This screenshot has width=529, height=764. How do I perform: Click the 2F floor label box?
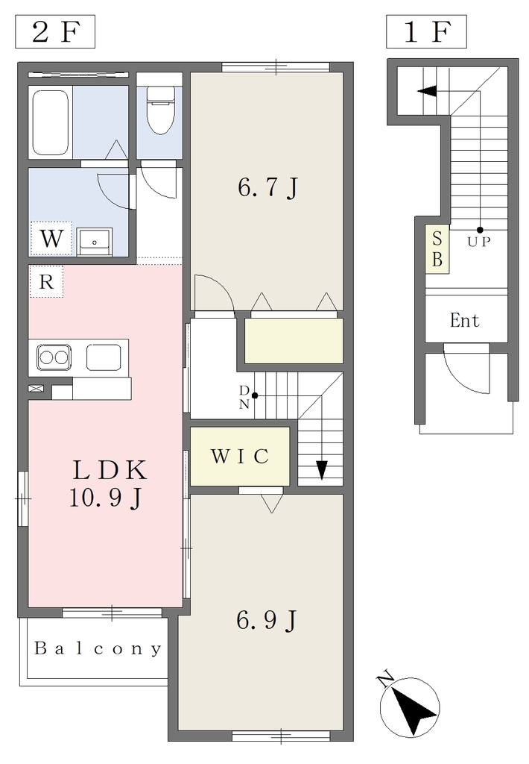[x=55, y=31]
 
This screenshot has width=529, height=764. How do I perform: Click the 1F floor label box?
[x=426, y=31]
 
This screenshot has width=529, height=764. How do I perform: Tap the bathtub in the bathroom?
[x=51, y=122]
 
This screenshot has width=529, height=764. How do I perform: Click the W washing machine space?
[x=51, y=239]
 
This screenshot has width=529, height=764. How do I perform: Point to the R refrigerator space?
[x=46, y=281]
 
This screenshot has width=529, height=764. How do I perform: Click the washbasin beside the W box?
[x=95, y=242]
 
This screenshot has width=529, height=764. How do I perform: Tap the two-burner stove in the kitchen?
[x=54, y=357]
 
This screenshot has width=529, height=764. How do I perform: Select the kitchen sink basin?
[x=104, y=357]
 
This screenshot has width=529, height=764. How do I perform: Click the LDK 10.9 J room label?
[x=108, y=483]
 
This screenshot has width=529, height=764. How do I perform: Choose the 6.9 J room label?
[x=267, y=620]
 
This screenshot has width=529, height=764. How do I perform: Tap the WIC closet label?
[x=240, y=456]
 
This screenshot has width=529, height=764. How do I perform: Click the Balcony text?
[x=98, y=648]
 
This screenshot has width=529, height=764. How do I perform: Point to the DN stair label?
[x=244, y=397]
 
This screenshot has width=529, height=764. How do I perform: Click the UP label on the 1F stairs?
[x=479, y=241]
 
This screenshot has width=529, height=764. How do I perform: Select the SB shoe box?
[x=437, y=249]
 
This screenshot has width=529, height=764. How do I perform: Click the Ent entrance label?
[x=465, y=321]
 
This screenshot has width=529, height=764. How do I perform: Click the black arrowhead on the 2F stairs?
[x=322, y=469]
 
